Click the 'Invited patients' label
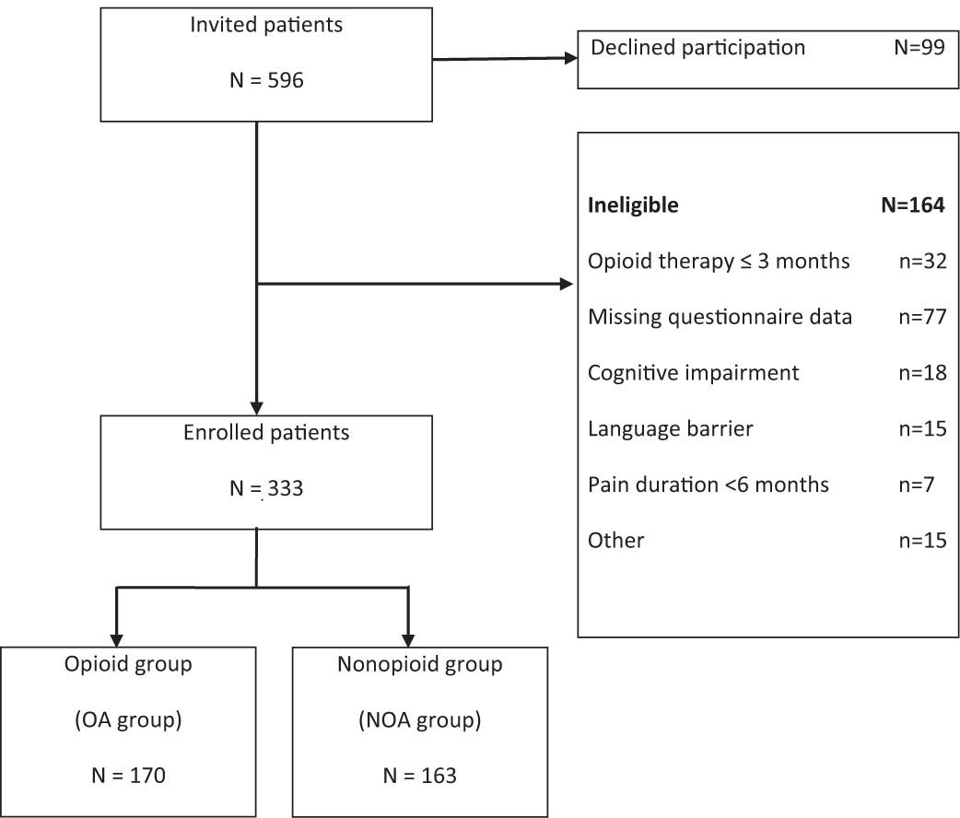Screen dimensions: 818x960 pos(265,26)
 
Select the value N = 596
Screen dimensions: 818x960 pos(265,82)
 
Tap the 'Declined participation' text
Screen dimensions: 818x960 pos(685,48)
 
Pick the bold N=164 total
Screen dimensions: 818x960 pos(913,205)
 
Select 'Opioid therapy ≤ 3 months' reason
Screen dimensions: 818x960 pos(719,261)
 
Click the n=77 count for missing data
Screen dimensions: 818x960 pos(920,317)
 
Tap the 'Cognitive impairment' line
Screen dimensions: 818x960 pos(693,372)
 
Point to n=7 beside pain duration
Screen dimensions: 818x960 pos(916,484)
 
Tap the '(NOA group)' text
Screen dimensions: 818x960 pos(420,720)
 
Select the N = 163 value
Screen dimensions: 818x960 pos(419,776)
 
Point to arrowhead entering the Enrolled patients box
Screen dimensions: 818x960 pos(256,407)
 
